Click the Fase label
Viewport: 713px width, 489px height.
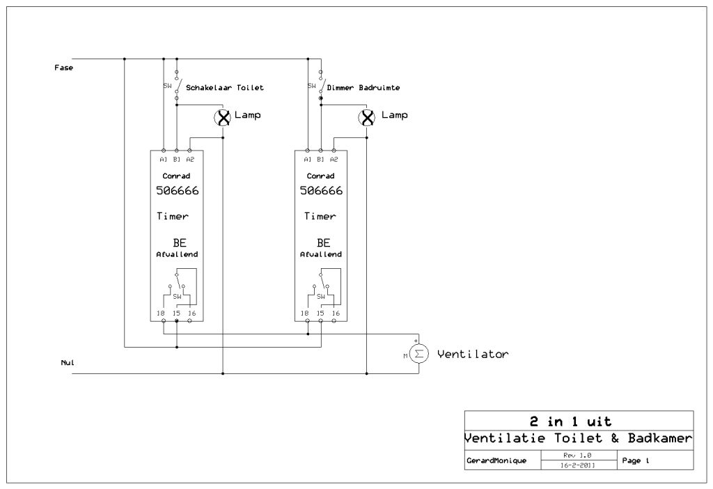[x=63, y=68]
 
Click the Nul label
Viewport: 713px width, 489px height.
[x=68, y=363]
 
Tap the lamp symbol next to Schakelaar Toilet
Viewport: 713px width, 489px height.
[x=223, y=117]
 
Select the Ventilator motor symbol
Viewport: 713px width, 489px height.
[x=418, y=355]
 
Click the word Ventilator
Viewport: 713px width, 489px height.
[x=473, y=355]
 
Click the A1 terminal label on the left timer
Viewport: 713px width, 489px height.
[x=163, y=159]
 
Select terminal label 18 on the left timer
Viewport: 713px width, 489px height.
[x=161, y=313]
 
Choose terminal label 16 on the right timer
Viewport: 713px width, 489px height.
[x=336, y=313]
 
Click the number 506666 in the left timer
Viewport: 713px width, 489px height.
[x=177, y=191]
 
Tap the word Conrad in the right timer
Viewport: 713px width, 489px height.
[x=320, y=176]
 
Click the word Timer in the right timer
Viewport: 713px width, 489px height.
[x=320, y=216]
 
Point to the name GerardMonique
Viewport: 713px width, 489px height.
[x=496, y=461]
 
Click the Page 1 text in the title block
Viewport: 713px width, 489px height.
[x=636, y=460]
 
